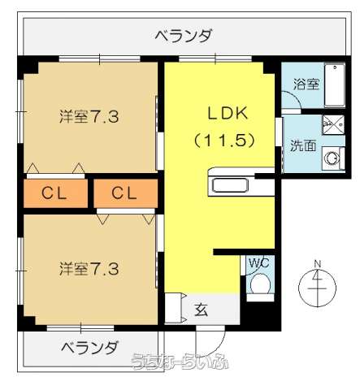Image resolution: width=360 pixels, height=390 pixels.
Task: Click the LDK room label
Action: coord(220,114)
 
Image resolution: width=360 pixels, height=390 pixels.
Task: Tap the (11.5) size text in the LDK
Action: coord(220,140)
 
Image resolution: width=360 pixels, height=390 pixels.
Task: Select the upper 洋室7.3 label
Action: coord(89,116)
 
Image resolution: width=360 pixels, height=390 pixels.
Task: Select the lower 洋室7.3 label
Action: coord(89,267)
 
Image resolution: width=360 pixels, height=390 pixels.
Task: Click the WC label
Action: coord(258,262)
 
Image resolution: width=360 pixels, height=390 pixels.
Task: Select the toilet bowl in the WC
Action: coord(260,284)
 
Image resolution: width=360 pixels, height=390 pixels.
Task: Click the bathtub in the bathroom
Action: coord(334,84)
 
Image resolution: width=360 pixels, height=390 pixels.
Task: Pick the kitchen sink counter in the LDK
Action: coord(233,184)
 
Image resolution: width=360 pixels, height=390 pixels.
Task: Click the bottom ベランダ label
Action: coord(89,348)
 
